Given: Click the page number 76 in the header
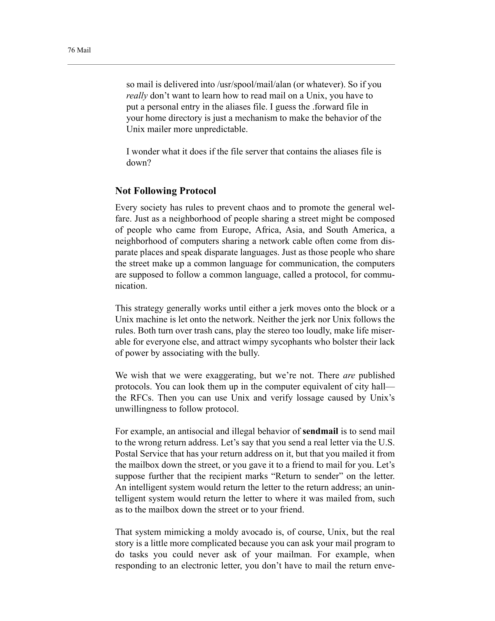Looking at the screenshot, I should point(71,50).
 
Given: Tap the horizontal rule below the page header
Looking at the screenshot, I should point(231,65).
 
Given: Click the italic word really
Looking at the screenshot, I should point(137,96).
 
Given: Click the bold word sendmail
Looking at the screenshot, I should point(320,431).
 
